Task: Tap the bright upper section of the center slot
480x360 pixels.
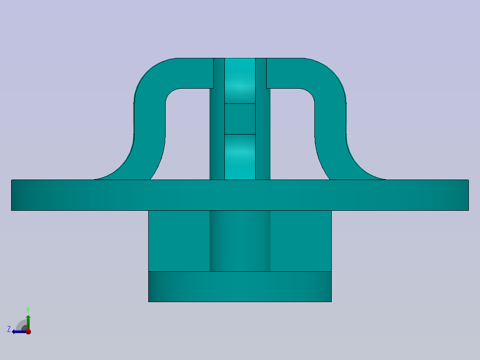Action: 240,80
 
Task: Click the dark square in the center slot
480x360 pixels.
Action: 240,119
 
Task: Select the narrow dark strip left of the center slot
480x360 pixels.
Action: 217,134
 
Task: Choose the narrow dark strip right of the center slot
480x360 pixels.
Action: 263,134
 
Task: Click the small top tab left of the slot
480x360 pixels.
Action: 219,73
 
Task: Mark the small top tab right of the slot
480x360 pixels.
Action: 261,73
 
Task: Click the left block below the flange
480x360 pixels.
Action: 179,241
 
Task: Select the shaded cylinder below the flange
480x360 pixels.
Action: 240,241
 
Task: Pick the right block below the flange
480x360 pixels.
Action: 301,241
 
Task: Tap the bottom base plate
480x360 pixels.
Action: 240,286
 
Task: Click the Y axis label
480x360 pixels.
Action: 28,309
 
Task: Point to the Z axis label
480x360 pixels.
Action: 9,329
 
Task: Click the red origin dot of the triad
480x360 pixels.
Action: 28,331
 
